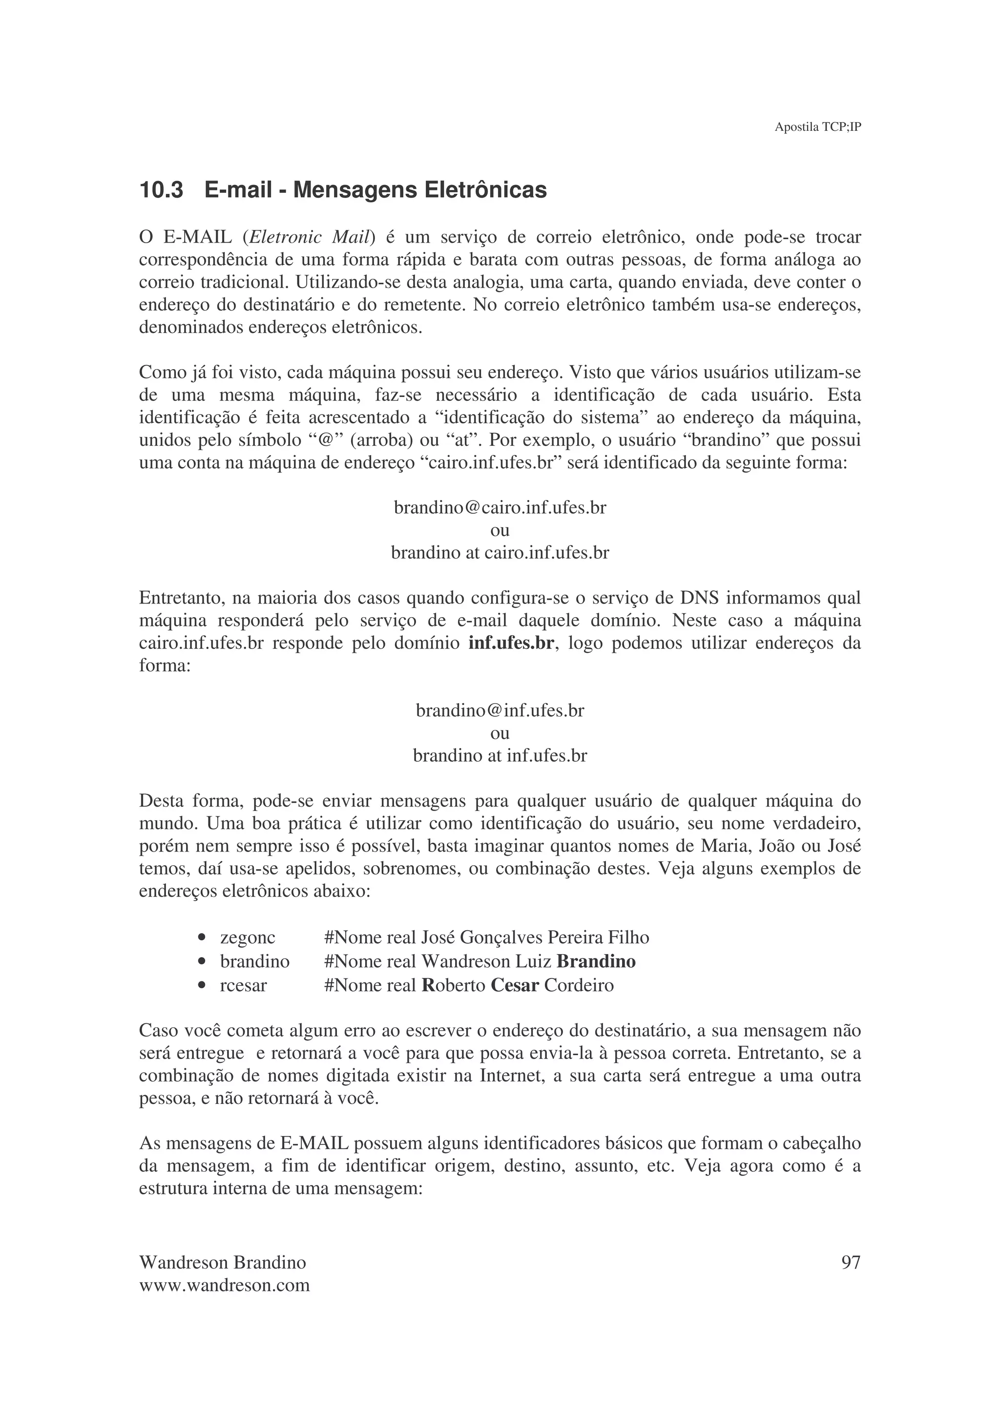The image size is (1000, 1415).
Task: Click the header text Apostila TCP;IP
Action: [x=817, y=127]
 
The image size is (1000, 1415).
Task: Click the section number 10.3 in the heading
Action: [x=162, y=190]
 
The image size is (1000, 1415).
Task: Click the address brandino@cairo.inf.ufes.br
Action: [x=500, y=508]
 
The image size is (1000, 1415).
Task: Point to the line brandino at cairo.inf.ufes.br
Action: [x=500, y=553]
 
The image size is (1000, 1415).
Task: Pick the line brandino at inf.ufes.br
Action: [x=500, y=755]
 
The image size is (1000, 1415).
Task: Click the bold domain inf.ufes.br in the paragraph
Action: [x=511, y=644]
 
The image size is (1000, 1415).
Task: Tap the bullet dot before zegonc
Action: [x=202, y=938]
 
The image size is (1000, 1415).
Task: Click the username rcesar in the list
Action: [x=243, y=985]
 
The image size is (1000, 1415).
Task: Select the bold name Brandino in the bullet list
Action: [x=596, y=961]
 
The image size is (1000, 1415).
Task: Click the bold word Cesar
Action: [x=515, y=985]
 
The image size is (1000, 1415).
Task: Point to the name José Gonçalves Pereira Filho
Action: [x=535, y=938]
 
